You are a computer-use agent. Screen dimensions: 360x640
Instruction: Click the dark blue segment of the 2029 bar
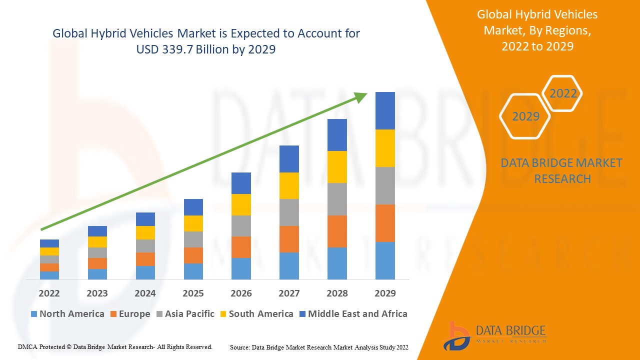click(385, 110)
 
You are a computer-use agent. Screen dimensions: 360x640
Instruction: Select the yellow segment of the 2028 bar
click(337, 166)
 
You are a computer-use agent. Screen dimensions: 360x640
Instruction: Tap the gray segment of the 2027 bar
click(289, 212)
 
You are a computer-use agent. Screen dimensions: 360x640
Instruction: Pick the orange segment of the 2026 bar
click(241, 247)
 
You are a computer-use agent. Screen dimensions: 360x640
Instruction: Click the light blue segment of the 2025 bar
click(193, 271)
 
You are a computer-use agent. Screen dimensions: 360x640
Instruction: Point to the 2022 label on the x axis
click(49, 293)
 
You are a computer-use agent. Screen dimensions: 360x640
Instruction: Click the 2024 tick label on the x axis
click(145, 293)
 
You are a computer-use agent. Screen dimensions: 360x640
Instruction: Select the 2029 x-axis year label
click(385, 293)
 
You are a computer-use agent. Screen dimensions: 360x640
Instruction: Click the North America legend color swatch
click(34, 314)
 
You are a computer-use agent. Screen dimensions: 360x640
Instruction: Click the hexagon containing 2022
click(563, 93)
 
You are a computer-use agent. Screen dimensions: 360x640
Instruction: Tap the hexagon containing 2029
click(525, 116)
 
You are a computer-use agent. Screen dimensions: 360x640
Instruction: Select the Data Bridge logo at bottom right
click(495, 334)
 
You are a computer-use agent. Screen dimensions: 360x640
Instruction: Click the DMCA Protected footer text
click(115, 346)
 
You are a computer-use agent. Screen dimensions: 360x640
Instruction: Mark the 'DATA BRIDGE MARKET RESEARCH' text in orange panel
click(561, 170)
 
